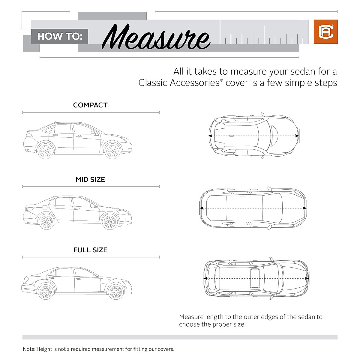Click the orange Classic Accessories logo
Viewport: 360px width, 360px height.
pyautogui.click(x=325, y=32)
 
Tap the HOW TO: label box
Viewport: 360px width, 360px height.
pyautogui.click(x=60, y=37)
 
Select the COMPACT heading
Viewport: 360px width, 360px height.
pyautogui.click(x=90, y=105)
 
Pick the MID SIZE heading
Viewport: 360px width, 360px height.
pyautogui.click(x=90, y=180)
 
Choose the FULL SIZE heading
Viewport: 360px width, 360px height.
pyautogui.click(x=90, y=250)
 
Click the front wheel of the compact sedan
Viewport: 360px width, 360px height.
pyautogui.click(x=112, y=151)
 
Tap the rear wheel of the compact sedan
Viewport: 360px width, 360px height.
pyautogui.click(x=46, y=151)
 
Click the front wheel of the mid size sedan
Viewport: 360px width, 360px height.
pyautogui.click(x=109, y=222)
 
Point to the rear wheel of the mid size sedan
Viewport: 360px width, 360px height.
pyautogui.click(x=46, y=222)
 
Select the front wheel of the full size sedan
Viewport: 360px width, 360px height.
pyautogui.click(x=116, y=292)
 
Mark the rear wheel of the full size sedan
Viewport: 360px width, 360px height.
pyautogui.click(x=46, y=292)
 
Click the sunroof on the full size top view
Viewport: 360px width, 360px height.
pyautogui.click(x=255, y=278)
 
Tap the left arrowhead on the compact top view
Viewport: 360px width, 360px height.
pyautogui.click(x=210, y=136)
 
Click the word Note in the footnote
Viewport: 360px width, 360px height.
pyautogui.click(x=28, y=349)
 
